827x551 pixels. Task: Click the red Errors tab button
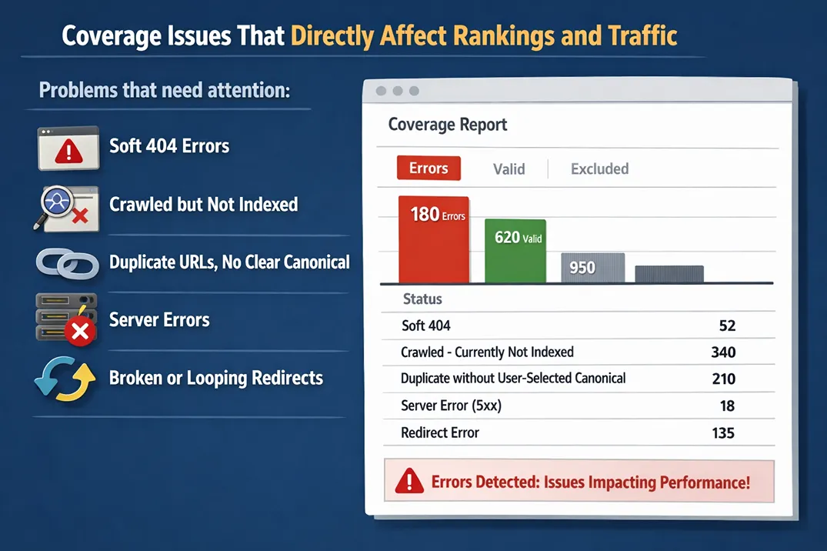click(429, 169)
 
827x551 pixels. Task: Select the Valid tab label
click(509, 169)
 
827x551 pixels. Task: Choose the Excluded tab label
click(599, 169)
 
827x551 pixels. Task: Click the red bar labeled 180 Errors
click(434, 240)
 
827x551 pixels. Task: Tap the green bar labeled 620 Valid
click(515, 251)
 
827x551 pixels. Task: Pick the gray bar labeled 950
click(592, 268)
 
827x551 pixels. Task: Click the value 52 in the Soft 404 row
click(726, 326)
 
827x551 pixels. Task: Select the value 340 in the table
click(723, 352)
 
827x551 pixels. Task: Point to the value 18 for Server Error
click(726, 406)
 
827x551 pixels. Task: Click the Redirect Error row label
click(440, 432)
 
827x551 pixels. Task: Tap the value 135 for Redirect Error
click(723, 432)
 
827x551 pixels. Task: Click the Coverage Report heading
click(447, 125)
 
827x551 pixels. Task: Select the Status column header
click(422, 299)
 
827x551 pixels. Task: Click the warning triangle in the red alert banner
click(408, 482)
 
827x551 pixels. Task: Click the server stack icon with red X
click(66, 319)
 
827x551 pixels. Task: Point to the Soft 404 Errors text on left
click(169, 146)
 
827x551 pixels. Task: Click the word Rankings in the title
click(497, 36)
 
